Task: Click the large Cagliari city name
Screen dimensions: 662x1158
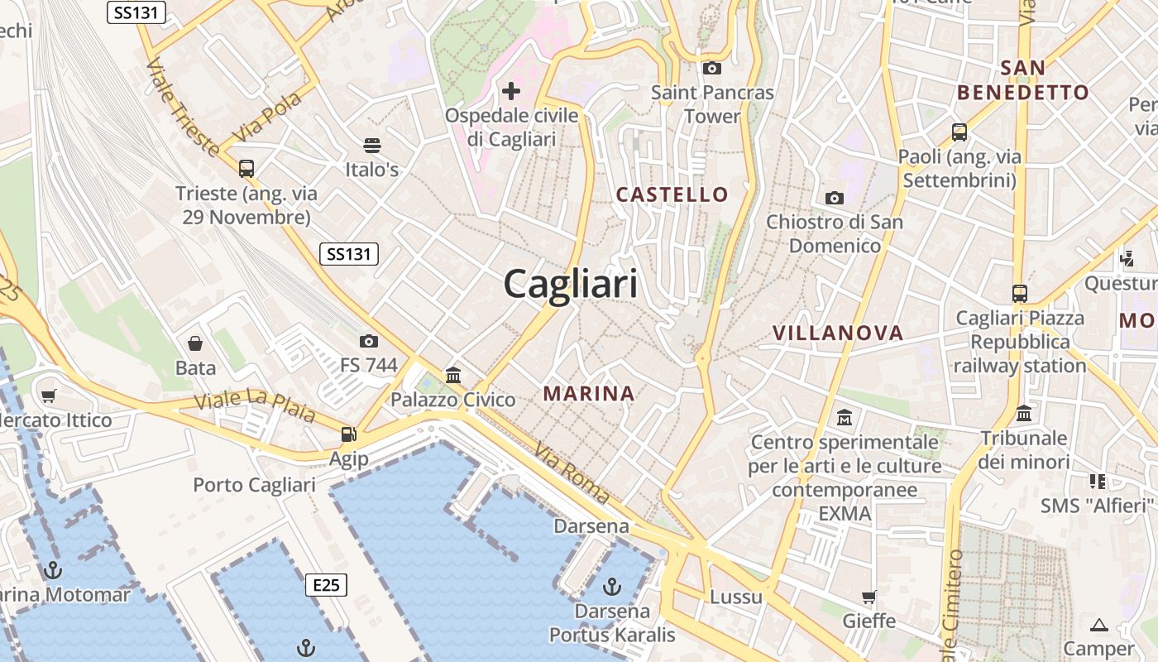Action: [571, 285]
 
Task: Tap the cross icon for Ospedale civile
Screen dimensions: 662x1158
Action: [511, 89]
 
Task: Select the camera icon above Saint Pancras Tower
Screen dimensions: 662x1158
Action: [711, 68]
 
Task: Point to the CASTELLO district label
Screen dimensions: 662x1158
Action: [672, 194]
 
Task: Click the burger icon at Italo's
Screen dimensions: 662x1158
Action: [372, 146]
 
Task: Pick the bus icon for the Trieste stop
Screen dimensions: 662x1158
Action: [246, 169]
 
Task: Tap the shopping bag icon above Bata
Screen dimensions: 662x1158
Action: [195, 343]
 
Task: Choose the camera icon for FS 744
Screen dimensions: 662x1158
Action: [369, 341]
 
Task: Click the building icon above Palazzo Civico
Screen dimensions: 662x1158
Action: [453, 376]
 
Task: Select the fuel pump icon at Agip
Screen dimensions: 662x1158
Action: [349, 434]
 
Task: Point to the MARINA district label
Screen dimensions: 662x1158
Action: [589, 394]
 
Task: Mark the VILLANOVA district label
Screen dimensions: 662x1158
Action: [838, 333]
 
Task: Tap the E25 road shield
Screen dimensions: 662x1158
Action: [326, 585]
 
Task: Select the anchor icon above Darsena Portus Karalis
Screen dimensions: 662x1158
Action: [612, 587]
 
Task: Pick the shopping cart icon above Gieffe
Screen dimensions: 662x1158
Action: [868, 597]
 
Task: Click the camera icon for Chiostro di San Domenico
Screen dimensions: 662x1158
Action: [834, 198]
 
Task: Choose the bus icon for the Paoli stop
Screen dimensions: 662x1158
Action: [959, 132]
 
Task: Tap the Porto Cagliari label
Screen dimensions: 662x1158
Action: [255, 485]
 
